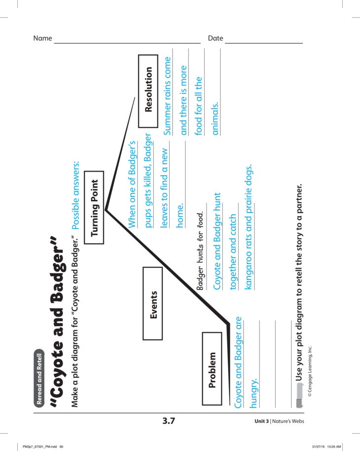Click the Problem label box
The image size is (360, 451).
click(213, 370)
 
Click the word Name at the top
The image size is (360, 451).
click(42, 38)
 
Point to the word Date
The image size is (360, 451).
click(216, 38)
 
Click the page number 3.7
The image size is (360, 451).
click(169, 421)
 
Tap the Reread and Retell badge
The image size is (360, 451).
click(40, 378)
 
